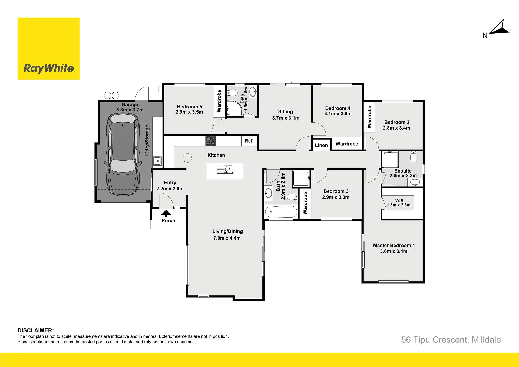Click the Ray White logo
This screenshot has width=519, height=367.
click(x=48, y=48)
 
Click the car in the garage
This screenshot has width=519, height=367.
click(x=123, y=154)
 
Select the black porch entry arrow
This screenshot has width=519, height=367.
click(x=166, y=213)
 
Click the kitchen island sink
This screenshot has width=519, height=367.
click(x=225, y=169)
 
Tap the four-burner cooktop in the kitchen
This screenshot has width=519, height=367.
click(x=211, y=141)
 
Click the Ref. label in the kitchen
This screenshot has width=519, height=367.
click(x=249, y=141)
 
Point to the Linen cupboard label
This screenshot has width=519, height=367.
click(x=321, y=145)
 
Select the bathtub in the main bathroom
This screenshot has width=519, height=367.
click(x=281, y=212)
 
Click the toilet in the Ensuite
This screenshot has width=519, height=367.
click(x=413, y=157)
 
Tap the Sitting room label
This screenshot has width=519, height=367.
click(x=286, y=111)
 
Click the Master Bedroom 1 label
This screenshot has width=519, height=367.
click(x=394, y=245)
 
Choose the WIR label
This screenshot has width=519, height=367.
click(x=399, y=201)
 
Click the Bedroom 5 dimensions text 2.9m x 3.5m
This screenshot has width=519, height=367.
click(x=189, y=112)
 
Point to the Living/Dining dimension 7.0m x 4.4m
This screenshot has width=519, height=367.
click(x=227, y=238)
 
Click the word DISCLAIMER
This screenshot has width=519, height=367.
click(x=36, y=330)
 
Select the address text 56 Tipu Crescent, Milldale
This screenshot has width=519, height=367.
click(x=451, y=340)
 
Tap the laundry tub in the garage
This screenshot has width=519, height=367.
click(x=157, y=161)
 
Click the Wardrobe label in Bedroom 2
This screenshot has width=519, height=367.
click(x=369, y=117)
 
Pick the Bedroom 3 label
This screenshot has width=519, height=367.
click(x=336, y=191)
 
